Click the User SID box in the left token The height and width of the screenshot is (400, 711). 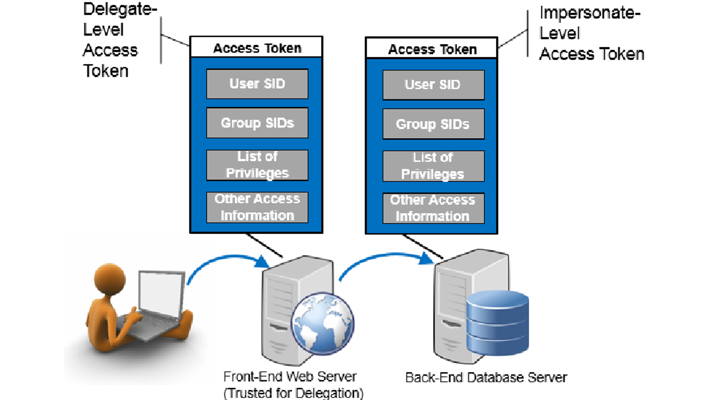[257, 84]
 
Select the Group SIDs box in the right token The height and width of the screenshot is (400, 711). [433, 124]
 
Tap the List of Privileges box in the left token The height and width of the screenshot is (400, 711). [257, 165]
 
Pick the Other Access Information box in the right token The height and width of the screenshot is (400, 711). [433, 208]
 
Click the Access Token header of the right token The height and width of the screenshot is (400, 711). [432, 49]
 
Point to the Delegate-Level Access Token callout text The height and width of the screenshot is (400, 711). [117, 40]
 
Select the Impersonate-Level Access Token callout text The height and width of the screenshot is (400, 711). [590, 33]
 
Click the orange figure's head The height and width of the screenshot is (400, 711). [110, 279]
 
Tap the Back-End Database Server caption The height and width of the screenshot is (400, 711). [486, 378]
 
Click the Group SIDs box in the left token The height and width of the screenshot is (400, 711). [257, 123]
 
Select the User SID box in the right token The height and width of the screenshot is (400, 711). [433, 85]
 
